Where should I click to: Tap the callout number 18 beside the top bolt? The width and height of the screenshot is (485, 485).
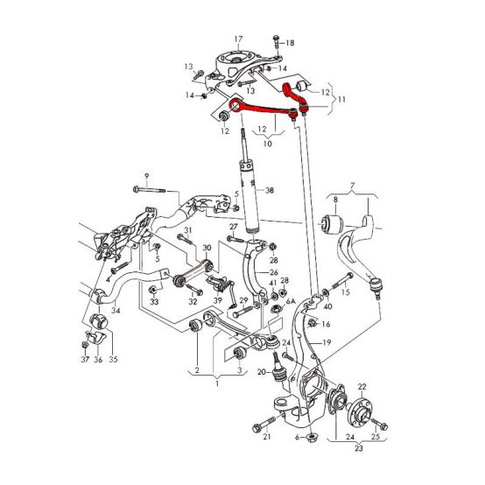click(290, 42)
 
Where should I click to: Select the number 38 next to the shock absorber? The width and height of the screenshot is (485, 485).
click(270, 191)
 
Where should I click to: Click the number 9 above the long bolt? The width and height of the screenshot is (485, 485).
click(147, 176)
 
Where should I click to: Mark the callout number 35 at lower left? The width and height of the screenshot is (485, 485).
click(113, 359)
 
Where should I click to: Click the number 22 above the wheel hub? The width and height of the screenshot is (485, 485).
click(361, 386)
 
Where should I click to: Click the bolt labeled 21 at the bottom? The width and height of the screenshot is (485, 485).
click(260, 426)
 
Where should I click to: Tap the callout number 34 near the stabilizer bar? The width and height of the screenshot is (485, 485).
click(116, 311)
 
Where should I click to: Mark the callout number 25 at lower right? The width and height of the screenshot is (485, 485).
click(376, 435)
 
